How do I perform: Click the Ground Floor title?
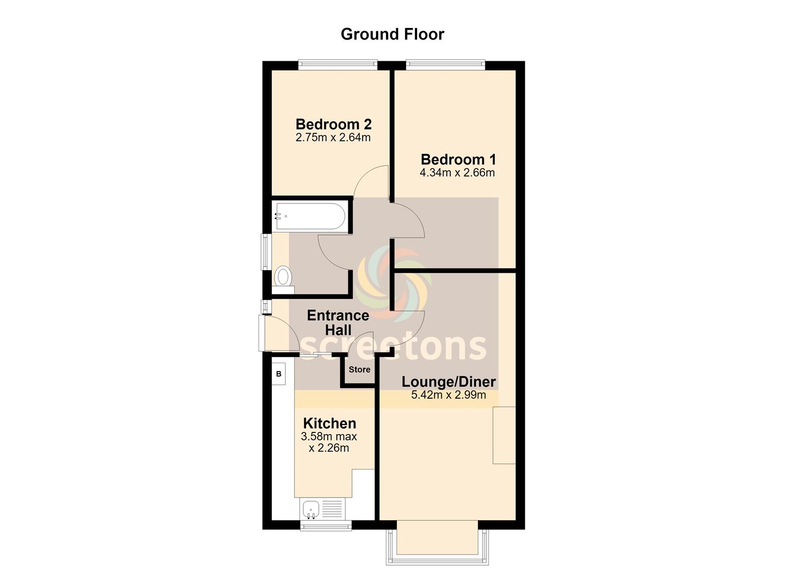click(392, 34)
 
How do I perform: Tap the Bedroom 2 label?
click(333, 124)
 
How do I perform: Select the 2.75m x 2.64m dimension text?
click(333, 137)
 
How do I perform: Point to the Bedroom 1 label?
click(458, 160)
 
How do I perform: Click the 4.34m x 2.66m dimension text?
click(457, 173)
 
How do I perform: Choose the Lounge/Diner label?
click(449, 382)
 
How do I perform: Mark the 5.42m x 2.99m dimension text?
click(449, 395)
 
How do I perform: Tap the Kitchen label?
click(329, 423)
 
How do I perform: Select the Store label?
click(359, 370)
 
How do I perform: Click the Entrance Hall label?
click(338, 323)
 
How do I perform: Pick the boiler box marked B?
click(279, 374)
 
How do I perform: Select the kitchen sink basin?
click(311, 509)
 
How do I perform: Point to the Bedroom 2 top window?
click(338, 65)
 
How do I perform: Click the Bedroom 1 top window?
click(446, 65)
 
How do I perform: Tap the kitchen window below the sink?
click(326, 525)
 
